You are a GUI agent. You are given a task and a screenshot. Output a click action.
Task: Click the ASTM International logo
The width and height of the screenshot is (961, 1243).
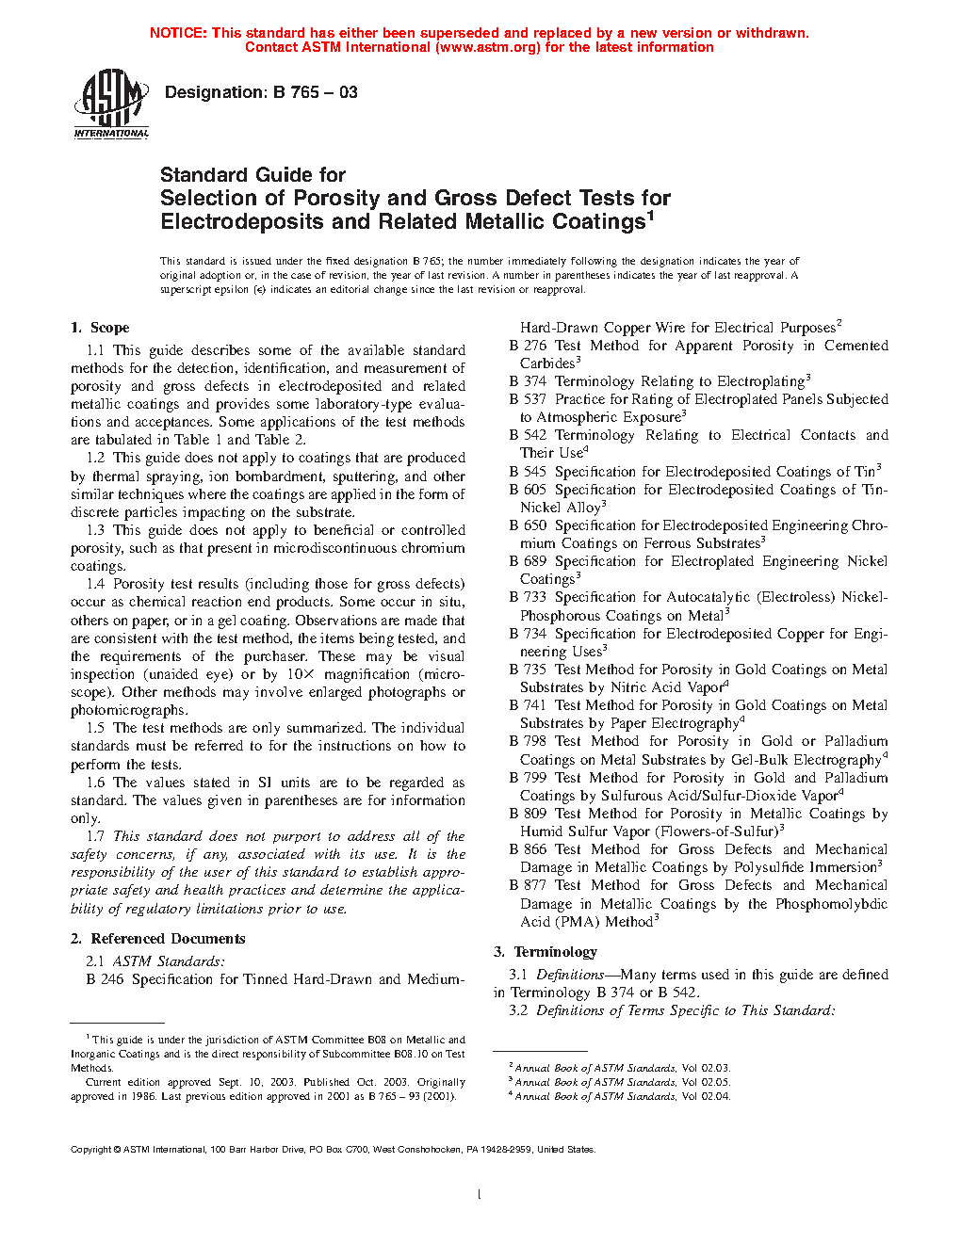pos(111,104)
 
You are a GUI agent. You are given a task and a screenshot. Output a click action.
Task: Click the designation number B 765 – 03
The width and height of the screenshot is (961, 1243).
pos(315,92)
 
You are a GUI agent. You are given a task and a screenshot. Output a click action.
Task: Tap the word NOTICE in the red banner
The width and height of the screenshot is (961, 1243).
pos(178,33)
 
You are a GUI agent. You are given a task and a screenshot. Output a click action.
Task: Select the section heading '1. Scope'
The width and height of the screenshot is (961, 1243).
pos(100,328)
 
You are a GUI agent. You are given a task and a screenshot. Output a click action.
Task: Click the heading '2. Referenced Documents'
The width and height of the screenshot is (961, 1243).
pos(157,939)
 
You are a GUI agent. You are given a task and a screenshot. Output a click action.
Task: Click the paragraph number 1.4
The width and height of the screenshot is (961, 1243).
pos(95,584)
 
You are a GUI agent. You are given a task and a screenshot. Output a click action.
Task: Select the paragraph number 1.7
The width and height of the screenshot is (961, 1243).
pos(95,836)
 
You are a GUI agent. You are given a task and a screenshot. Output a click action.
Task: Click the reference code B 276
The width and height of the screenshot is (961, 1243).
pos(528,346)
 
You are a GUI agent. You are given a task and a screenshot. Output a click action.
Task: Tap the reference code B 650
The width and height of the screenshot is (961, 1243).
pos(528,525)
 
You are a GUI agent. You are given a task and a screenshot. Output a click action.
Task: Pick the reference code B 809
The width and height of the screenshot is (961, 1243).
pos(528,814)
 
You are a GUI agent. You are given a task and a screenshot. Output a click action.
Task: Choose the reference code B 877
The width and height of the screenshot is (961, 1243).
pos(528,885)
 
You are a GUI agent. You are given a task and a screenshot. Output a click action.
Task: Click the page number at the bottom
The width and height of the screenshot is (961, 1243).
pos(480,1195)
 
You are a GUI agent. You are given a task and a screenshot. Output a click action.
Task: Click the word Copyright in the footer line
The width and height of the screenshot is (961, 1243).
pos(91,1149)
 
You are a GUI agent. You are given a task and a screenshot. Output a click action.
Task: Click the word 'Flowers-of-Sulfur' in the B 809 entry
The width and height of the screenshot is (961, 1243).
pos(716,831)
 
